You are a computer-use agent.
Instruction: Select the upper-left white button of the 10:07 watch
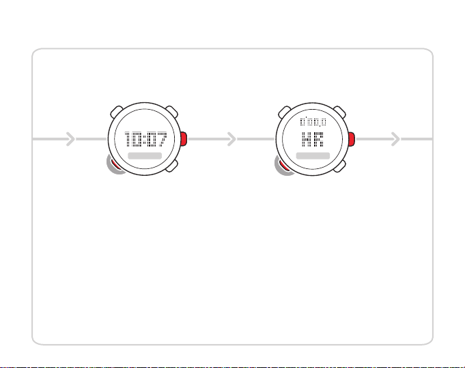[x=115, y=112]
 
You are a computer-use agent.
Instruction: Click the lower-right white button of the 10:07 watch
[x=173, y=167]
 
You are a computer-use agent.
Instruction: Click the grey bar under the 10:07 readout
[x=145, y=156]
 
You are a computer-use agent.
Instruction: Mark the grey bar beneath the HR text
[x=313, y=156]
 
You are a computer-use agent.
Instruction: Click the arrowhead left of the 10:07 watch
[x=69, y=140]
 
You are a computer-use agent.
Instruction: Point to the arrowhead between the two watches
[x=232, y=140]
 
